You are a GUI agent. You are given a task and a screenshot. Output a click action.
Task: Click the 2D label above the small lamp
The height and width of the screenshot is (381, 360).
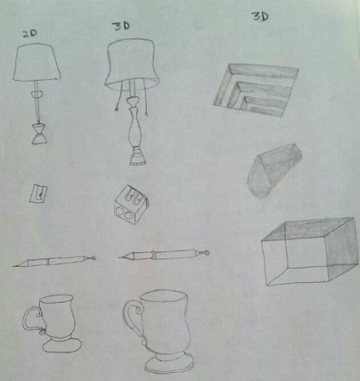pyautogui.click(x=30, y=34)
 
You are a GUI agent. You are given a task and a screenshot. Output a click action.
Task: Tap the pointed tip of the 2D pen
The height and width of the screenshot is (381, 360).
pyautogui.click(x=17, y=265)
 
